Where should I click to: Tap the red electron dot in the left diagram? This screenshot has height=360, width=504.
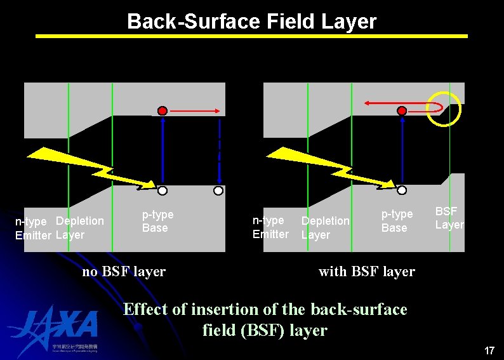tap(162, 111)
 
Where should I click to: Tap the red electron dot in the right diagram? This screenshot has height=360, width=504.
tap(402, 111)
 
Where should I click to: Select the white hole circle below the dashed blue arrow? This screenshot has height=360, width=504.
tap(218, 190)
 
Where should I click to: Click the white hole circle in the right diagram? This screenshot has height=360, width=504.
tap(402, 190)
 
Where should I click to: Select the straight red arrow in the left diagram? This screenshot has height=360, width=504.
tap(194, 111)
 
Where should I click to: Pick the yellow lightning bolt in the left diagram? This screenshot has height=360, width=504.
tap(89, 166)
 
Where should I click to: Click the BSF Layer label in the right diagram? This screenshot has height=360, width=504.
tap(449, 218)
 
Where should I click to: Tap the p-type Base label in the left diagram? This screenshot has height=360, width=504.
tap(157, 221)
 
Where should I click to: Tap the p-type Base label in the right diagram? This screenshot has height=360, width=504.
tap(397, 221)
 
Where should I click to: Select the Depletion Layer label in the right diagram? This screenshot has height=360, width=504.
tap(325, 227)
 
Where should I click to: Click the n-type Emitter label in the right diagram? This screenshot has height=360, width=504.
tap(270, 227)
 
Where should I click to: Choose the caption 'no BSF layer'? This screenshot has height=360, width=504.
tap(124, 272)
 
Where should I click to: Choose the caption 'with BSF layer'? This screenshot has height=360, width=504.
tap(366, 272)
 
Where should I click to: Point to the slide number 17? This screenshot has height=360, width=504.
tap(489, 350)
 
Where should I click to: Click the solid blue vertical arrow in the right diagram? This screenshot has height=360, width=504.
tap(402, 150)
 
